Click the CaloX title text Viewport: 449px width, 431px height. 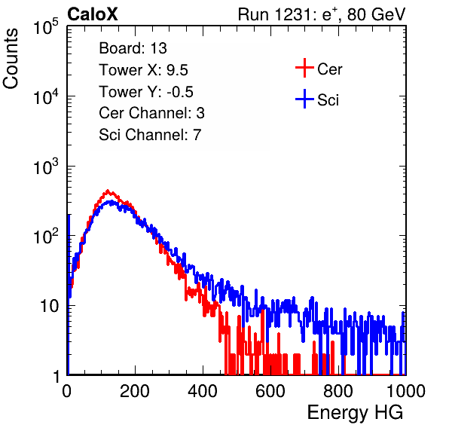pyautogui.click(x=92, y=14)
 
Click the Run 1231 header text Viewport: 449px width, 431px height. pyautogui.click(x=322, y=14)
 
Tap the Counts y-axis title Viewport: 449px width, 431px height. pyautogui.click(x=11, y=59)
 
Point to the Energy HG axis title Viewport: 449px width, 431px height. pyautogui.click(x=355, y=412)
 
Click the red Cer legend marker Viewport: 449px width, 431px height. pyautogui.click(x=304, y=68)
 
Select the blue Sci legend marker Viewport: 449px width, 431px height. pyautogui.click(x=304, y=99)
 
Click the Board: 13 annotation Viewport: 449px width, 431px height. pyautogui.click(x=133, y=48)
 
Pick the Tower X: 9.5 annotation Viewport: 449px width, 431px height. pyautogui.click(x=143, y=70)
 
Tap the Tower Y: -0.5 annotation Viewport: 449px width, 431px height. pyautogui.click(x=146, y=92)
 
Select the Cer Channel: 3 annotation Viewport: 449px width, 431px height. pyautogui.click(x=151, y=113)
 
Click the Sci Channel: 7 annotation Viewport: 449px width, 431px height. pyautogui.click(x=150, y=135)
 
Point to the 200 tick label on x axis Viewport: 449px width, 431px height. pyautogui.click(x=135, y=391)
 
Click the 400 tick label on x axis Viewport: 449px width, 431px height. pyautogui.click(x=203, y=391)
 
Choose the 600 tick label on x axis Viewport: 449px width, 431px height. pyautogui.click(x=270, y=391)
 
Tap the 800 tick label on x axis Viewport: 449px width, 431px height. pyautogui.click(x=338, y=391)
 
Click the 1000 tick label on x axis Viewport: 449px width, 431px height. pyautogui.click(x=406, y=391)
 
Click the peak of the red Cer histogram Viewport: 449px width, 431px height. pyautogui.click(x=108, y=191)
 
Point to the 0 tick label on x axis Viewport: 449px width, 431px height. pyautogui.click(x=66, y=391)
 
